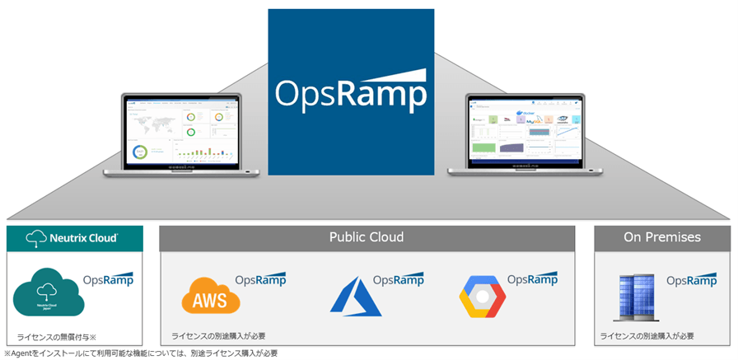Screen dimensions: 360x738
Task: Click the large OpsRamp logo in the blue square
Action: pyautogui.click(x=351, y=92)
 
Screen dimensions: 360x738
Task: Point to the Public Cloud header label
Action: pyautogui.click(x=367, y=237)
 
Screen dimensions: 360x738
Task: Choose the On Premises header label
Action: pyautogui.click(x=661, y=237)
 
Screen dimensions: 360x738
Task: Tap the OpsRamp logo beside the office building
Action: pyautogui.click(x=691, y=280)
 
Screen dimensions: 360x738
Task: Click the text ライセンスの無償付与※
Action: pyautogui.click(x=55, y=337)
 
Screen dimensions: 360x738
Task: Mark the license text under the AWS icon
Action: pyautogui.click(x=218, y=336)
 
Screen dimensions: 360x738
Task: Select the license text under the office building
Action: pyautogui.click(x=647, y=336)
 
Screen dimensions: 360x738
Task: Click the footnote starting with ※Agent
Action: pyautogui.click(x=141, y=353)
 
